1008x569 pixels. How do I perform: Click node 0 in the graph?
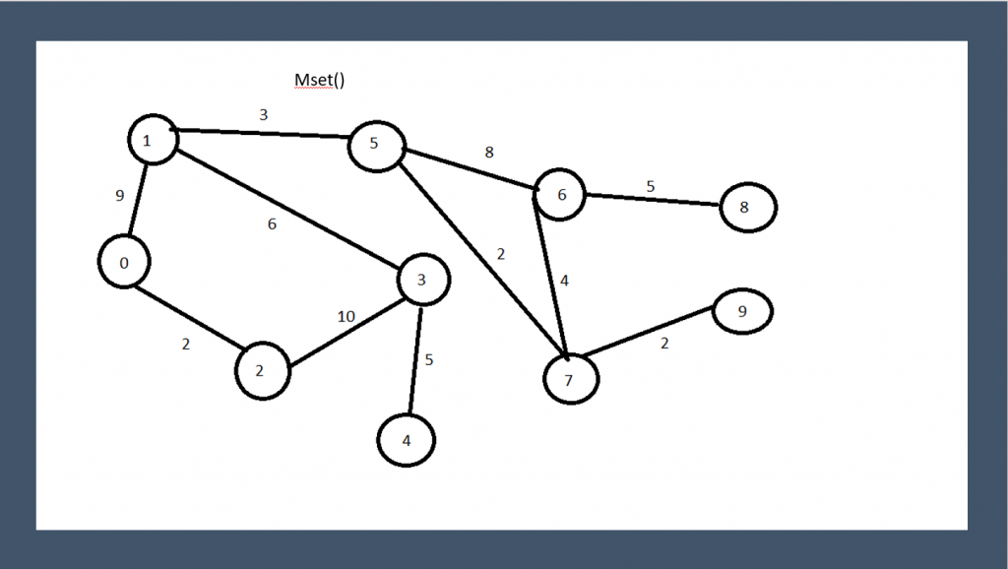coord(124,263)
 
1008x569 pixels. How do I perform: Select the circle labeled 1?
coord(153,140)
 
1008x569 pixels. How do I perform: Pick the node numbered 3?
coord(423,281)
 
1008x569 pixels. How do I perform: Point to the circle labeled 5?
coord(375,145)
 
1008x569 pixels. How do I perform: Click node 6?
coord(560,194)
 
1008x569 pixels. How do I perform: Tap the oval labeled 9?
coord(742,312)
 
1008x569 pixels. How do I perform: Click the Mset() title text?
coord(320,81)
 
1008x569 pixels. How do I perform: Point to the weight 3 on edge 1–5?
coord(263,115)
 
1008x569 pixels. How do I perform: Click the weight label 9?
coord(120,196)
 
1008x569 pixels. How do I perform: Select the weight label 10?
coord(346,316)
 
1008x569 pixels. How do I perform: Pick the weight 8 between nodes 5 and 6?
coord(489,153)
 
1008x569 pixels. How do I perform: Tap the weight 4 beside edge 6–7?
coord(564,281)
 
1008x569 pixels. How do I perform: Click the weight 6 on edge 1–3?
coord(273,224)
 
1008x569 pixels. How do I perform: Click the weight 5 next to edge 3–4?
coord(429,359)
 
